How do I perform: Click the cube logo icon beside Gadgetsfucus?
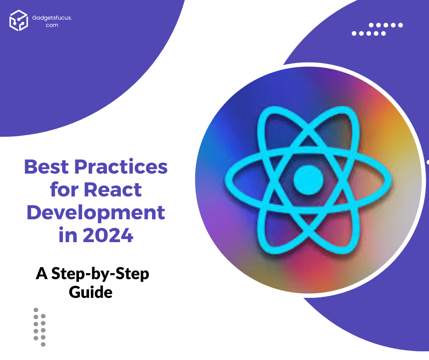pyautogui.click(x=19, y=20)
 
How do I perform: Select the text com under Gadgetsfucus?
pyautogui.click(x=52, y=25)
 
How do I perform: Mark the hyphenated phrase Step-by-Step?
pyautogui.click(x=100, y=275)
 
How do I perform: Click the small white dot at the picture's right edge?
pyautogui.click(x=428, y=162)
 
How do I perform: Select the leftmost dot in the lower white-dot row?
pyautogui.click(x=355, y=33)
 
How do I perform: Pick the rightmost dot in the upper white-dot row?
pyautogui.click(x=400, y=25)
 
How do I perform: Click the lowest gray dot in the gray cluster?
pyautogui.click(x=43, y=344)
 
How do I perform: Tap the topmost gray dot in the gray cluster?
pyautogui.click(x=36, y=310)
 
